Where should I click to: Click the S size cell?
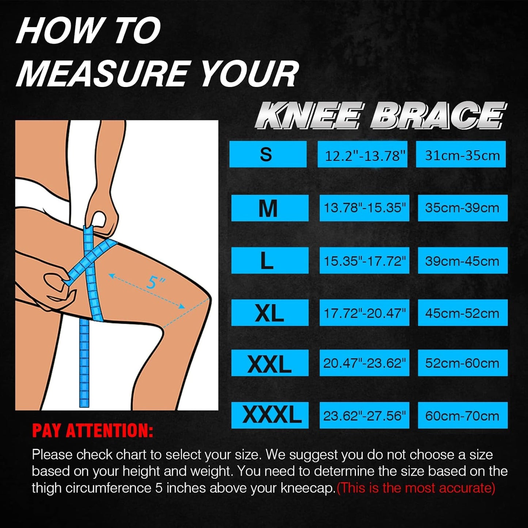[268, 154]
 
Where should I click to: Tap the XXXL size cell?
[270, 415]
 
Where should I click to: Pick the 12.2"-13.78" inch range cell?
[362, 154]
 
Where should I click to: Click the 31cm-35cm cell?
[461, 154]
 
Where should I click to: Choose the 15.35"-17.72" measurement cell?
[364, 260]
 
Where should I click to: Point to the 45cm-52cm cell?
[463, 312]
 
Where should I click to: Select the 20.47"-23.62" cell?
[364, 363]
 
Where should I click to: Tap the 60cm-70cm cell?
[463, 415]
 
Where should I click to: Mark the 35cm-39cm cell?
[463, 208]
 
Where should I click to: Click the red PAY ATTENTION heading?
[92, 430]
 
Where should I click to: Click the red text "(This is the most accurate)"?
[416, 488]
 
